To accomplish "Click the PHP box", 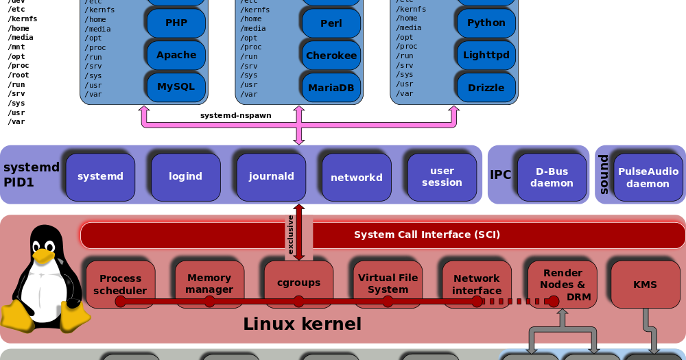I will (x=176, y=23).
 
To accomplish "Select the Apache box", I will (x=176, y=55).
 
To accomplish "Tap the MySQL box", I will (x=176, y=87).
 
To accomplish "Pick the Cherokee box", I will (x=331, y=56).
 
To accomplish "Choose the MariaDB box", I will (x=331, y=88).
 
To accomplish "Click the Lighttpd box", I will (x=486, y=55).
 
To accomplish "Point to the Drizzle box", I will (x=486, y=88).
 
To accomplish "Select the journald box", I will (x=271, y=176).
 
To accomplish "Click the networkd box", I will (x=356, y=177).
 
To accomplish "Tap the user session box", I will (x=442, y=176).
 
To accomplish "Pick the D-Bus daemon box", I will (x=552, y=177).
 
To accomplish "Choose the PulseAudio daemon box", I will (x=648, y=178).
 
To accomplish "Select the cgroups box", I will (x=298, y=283).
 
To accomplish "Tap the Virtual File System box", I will (x=388, y=283).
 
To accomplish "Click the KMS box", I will (x=645, y=284).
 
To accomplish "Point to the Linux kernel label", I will (x=302, y=324).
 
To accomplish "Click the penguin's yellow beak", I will (x=43, y=256).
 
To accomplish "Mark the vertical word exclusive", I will (x=291, y=235).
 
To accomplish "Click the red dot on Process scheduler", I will (x=121, y=301).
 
